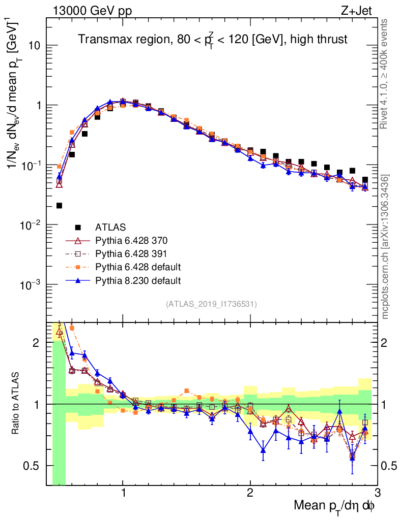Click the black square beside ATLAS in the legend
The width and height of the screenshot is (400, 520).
tap(77, 227)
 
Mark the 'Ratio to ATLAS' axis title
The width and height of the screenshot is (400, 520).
tap(17, 404)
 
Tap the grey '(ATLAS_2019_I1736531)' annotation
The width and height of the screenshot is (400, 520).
tap(211, 304)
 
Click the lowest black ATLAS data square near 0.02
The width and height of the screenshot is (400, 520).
tap(59, 206)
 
